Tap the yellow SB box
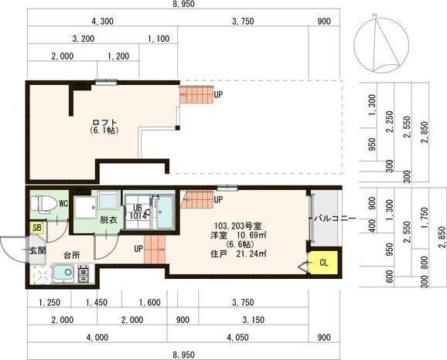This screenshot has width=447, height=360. (37, 228)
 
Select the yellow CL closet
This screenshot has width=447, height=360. (324, 263)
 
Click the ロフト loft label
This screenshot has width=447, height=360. (104, 123)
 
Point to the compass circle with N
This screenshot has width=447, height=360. (381, 45)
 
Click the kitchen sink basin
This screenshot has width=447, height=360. (64, 273)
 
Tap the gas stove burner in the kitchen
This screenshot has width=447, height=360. (84, 273)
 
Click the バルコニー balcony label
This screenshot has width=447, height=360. (335, 219)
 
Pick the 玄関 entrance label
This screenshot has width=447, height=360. (38, 251)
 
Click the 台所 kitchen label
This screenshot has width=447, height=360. (72, 255)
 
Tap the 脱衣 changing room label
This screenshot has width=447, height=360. (108, 220)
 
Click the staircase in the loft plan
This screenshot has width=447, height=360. (196, 95)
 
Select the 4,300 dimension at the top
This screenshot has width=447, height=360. (103, 22)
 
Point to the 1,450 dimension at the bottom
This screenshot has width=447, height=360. (97, 303)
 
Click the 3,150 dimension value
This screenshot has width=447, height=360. (253, 320)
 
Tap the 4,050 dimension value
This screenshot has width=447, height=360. (237, 338)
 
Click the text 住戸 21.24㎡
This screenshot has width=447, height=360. (238, 253)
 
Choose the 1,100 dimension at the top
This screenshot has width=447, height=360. (159, 39)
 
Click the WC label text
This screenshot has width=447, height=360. (63, 204)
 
